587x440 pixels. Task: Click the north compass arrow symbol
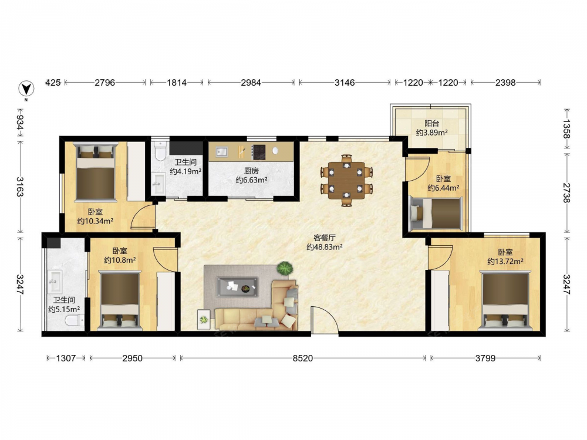pos(26,89)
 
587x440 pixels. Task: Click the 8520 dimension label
pos(302,358)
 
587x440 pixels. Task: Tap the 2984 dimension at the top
pos(251,82)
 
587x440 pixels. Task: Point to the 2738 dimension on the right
pos(567,192)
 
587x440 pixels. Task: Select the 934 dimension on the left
pos(20,123)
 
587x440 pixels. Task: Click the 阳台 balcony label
pos(431,123)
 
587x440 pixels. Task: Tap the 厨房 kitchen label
pos(251,171)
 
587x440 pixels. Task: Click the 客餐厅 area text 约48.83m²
pos(324,247)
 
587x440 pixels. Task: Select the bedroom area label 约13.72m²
pos(505,261)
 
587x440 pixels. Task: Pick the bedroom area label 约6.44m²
pos(443,188)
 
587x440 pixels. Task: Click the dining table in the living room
pos(347,180)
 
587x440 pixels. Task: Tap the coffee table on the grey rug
pos(237,287)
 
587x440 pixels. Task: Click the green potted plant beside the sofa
pos(285,268)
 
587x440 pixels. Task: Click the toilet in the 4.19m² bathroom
pos(160,150)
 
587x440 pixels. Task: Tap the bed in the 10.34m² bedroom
pos(95,172)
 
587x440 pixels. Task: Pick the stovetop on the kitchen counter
pos(258,153)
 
